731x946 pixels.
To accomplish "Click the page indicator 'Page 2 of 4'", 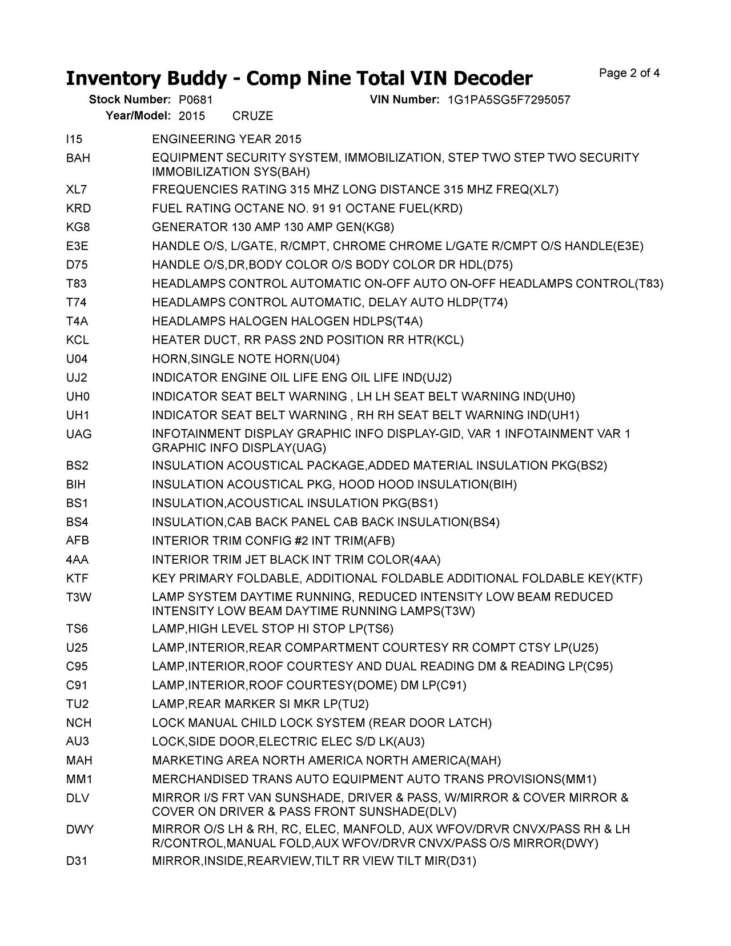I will point(629,73).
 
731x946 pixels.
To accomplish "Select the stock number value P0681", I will point(195,100).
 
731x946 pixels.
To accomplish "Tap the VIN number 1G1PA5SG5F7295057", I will point(508,100).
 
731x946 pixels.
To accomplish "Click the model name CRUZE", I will point(253,116).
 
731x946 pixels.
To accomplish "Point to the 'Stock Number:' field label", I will point(130,100).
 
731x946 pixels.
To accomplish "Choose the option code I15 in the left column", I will point(74,139).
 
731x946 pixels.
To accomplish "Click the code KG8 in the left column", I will point(78,227).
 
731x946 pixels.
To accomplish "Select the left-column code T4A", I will point(77,321).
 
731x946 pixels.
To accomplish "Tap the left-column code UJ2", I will point(77,378).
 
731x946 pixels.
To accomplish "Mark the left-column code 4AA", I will point(77,559).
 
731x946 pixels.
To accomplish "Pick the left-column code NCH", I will point(79,723).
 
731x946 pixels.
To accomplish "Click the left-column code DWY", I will point(79,829).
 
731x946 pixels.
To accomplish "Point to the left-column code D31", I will point(77,861).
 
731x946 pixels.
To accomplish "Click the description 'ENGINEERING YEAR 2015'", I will point(227,139).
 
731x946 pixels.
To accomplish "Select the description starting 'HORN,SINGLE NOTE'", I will point(246,359).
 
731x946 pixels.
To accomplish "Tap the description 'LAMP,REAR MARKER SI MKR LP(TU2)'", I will point(260,704).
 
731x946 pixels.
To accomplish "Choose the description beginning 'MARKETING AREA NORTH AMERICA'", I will point(326,760).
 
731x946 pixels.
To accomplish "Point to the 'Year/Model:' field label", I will point(138,116).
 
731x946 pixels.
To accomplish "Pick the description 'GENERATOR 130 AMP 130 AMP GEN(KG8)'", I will point(273,227).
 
